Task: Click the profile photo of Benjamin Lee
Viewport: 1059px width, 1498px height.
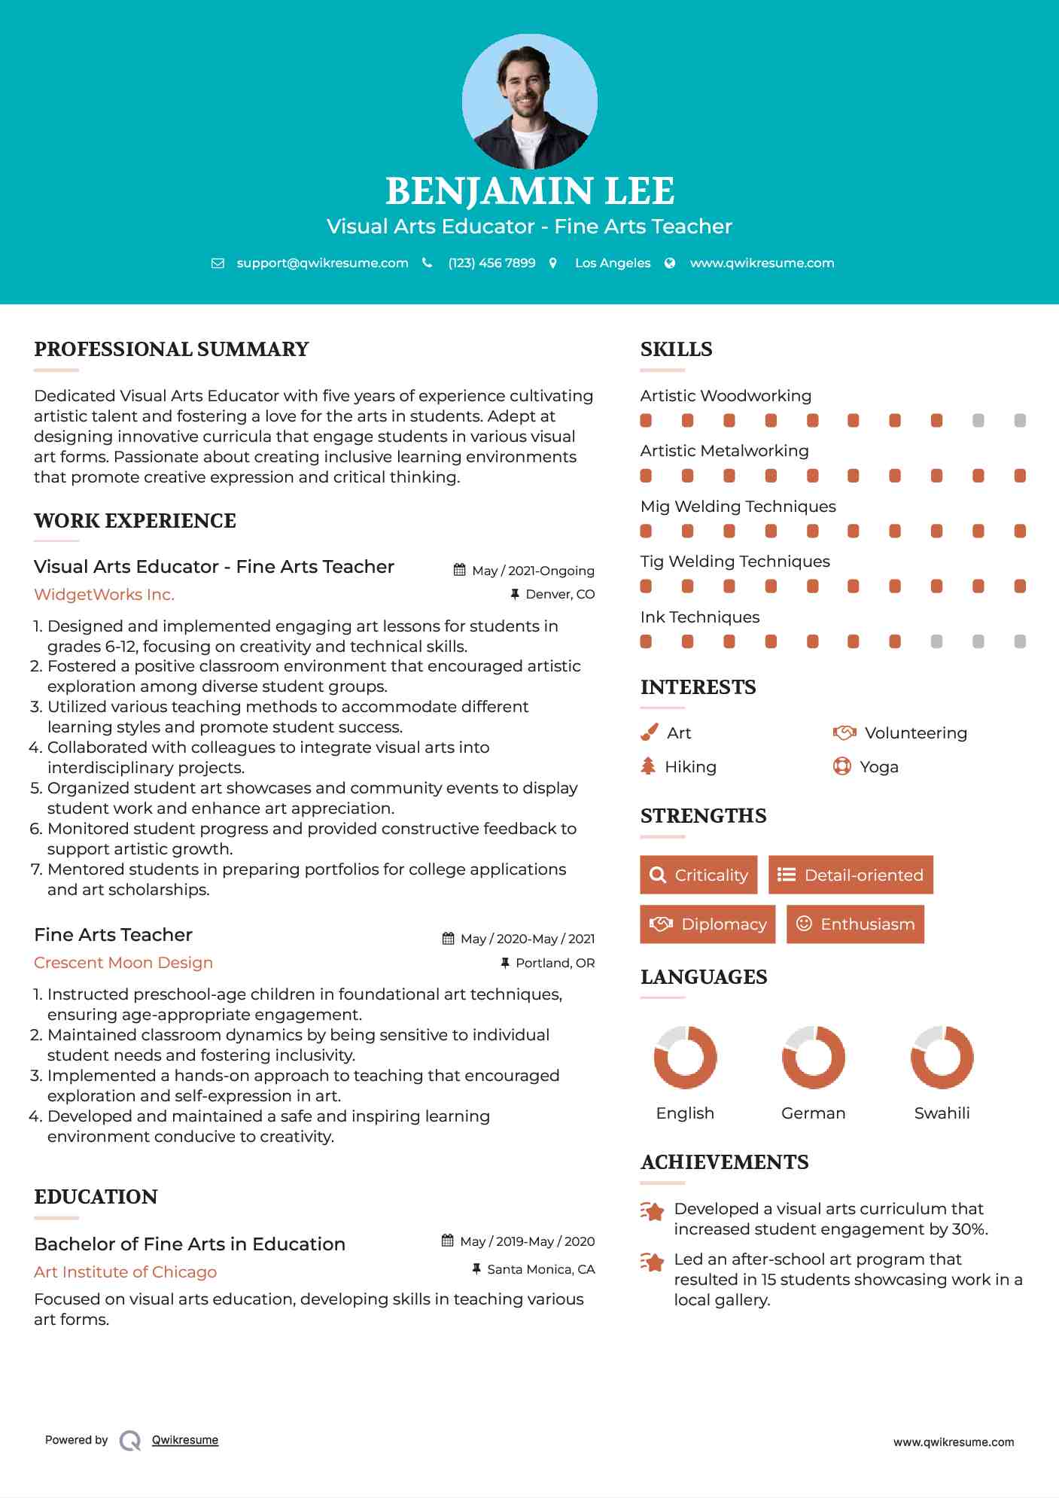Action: coord(529,102)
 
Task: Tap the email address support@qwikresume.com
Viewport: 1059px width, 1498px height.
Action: coord(322,263)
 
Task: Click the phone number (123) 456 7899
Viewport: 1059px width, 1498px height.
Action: coord(491,263)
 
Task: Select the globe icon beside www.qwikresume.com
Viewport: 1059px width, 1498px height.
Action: coord(670,263)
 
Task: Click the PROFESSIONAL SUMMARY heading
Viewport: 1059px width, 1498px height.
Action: coord(172,349)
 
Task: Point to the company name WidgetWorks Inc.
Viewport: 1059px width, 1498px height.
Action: coord(104,595)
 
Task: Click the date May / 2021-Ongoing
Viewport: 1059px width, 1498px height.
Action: coord(533,571)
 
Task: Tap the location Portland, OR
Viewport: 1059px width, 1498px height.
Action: coord(555,963)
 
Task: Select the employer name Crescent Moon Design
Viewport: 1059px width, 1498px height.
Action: coord(123,963)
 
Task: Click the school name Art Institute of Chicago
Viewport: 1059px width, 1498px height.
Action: coord(125,1272)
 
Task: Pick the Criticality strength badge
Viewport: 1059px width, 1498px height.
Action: coord(698,875)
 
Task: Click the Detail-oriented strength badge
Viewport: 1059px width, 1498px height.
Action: coord(851,875)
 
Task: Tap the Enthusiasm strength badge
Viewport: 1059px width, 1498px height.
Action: coord(855,924)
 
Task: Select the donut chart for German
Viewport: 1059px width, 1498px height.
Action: coord(813,1057)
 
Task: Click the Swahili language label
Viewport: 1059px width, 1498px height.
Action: coord(942,1113)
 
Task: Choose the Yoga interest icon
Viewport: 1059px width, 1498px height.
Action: coord(842,766)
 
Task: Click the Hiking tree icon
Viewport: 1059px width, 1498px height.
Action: coord(648,766)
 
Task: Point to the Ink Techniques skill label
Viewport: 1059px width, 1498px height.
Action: coord(700,617)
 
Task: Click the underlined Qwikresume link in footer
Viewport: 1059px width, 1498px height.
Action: coord(185,1440)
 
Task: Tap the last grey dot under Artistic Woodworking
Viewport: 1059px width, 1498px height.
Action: coord(1020,421)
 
